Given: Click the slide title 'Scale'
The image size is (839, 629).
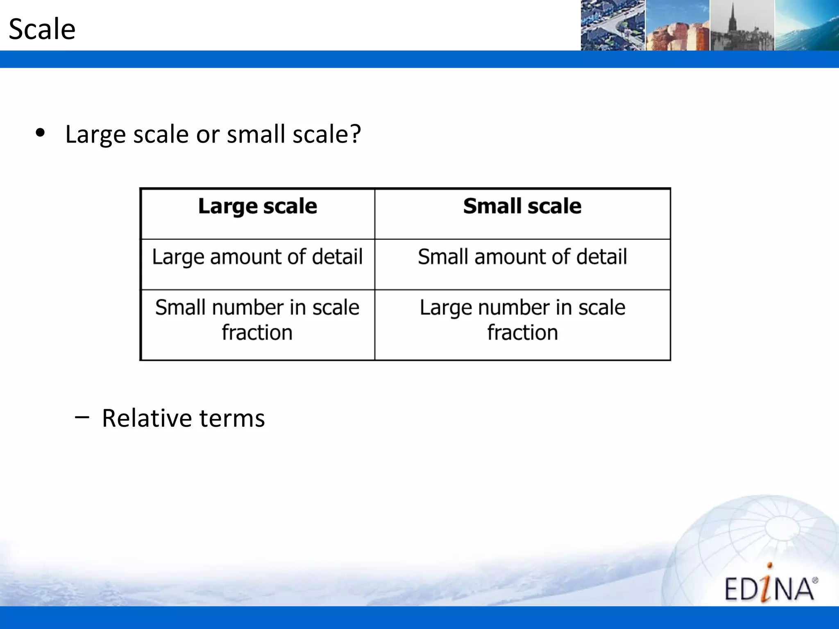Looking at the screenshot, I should pyautogui.click(x=42, y=29).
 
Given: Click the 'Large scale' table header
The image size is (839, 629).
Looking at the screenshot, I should pyautogui.click(x=257, y=206).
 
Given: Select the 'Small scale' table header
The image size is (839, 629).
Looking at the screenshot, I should pyautogui.click(x=522, y=206).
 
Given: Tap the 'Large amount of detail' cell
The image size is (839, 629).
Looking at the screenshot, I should pyautogui.click(x=257, y=257).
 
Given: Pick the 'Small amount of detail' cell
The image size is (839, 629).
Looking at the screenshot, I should pyautogui.click(x=522, y=257).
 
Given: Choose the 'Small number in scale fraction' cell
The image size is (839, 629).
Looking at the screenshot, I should pyautogui.click(x=257, y=320).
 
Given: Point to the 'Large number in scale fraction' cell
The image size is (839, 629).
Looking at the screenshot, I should pyautogui.click(x=522, y=320).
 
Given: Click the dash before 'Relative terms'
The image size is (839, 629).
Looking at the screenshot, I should pyautogui.click(x=82, y=417).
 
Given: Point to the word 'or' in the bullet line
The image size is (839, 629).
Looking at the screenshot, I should pyautogui.click(x=208, y=135).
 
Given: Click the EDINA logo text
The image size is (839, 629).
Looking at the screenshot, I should pyautogui.click(x=769, y=589).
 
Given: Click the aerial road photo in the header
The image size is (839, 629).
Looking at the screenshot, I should pyautogui.click(x=612, y=25).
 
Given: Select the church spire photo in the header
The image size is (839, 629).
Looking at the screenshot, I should pyautogui.click(x=742, y=25).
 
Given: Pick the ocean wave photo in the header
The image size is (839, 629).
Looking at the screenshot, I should pyautogui.click(x=807, y=25).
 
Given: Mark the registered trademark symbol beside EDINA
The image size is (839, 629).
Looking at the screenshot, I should pyautogui.click(x=815, y=580).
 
